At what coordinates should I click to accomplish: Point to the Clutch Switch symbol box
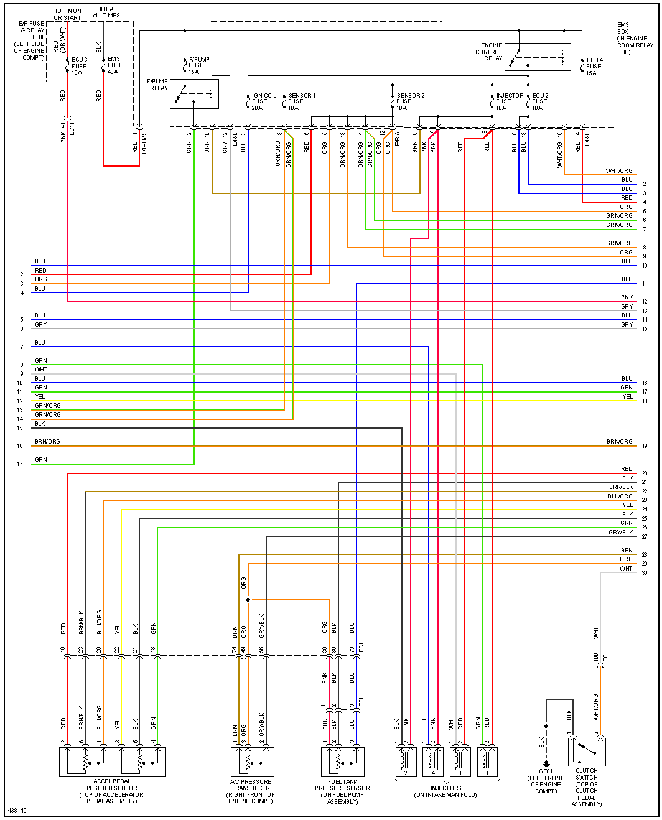(x=586, y=752)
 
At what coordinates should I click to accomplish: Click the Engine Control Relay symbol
(x=538, y=57)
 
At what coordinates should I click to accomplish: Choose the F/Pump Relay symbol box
(x=194, y=94)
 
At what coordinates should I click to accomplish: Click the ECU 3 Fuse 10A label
(x=79, y=66)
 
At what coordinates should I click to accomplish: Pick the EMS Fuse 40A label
(x=115, y=65)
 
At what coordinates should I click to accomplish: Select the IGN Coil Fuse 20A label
(x=264, y=102)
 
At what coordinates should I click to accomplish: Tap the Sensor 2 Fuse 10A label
(x=411, y=102)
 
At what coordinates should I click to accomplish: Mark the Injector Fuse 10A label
(x=510, y=102)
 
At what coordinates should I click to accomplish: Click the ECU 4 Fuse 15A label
(x=594, y=67)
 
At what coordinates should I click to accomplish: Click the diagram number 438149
(x=17, y=811)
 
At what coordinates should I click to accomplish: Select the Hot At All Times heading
(x=106, y=12)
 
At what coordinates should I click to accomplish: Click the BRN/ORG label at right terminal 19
(x=620, y=442)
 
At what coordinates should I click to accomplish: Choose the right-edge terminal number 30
(x=645, y=573)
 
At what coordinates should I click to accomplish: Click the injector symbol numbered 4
(x=433, y=762)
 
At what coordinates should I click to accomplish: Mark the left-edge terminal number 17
(x=20, y=464)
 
